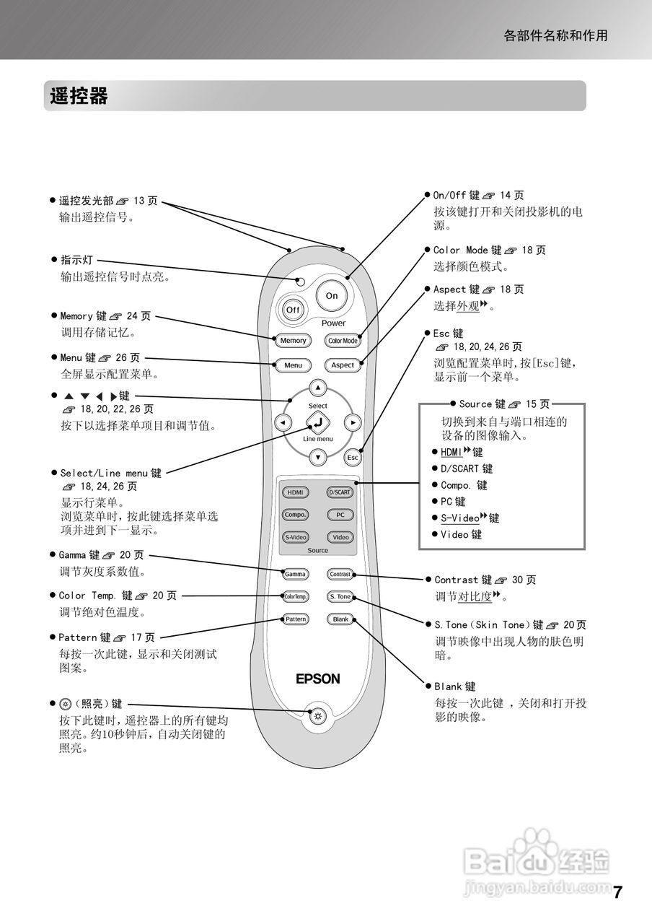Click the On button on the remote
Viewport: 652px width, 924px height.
(x=332, y=296)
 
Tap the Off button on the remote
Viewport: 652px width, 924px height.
(x=293, y=310)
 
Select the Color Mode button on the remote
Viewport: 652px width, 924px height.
(x=343, y=341)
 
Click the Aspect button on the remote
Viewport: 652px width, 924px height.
(x=343, y=365)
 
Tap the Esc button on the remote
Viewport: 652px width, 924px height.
(x=353, y=458)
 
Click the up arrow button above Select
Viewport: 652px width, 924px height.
(x=317, y=387)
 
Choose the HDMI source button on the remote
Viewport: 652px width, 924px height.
(x=295, y=492)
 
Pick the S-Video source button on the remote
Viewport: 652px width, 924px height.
(x=295, y=537)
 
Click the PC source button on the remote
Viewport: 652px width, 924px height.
(x=340, y=515)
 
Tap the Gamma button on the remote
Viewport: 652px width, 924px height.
(x=295, y=575)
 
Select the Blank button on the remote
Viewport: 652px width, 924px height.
(x=340, y=619)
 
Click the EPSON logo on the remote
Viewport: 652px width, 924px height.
(x=317, y=679)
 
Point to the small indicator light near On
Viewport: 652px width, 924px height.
(x=301, y=280)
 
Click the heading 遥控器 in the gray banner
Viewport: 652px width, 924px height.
(x=79, y=96)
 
